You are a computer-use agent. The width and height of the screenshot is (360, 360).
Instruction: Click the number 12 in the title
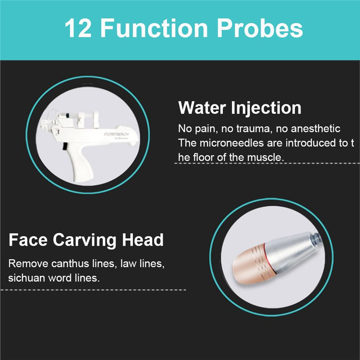(x=78, y=28)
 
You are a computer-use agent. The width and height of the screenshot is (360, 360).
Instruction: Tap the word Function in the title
(x=154, y=28)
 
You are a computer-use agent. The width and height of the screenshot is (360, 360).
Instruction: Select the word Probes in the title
(x=260, y=28)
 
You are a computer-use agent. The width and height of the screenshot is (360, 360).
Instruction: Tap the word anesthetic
(x=315, y=129)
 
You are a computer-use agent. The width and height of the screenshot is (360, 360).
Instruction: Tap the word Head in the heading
(x=143, y=240)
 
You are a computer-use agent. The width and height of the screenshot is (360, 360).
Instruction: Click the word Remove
(x=28, y=264)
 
